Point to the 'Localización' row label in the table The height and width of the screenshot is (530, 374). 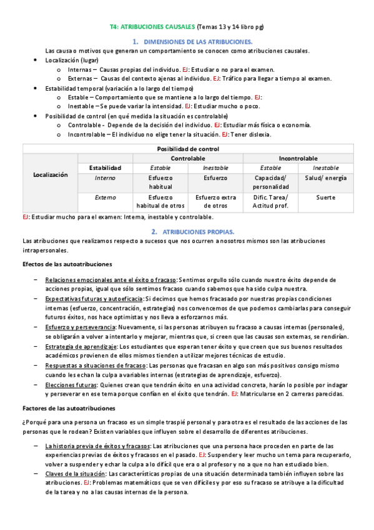coord(50,176)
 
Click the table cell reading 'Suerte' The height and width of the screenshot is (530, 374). coord(326,197)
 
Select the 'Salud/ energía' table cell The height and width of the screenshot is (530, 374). coord(326,177)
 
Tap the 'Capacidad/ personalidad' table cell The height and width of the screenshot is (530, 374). coord(271,182)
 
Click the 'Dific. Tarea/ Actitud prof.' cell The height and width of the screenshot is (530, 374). coord(271,202)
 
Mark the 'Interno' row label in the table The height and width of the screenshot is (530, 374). coord(105,177)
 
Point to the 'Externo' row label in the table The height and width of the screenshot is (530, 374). coord(105,197)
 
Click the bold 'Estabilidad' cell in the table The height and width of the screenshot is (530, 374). coord(105,168)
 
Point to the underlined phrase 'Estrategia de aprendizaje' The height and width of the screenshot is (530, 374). coord(81,346)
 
